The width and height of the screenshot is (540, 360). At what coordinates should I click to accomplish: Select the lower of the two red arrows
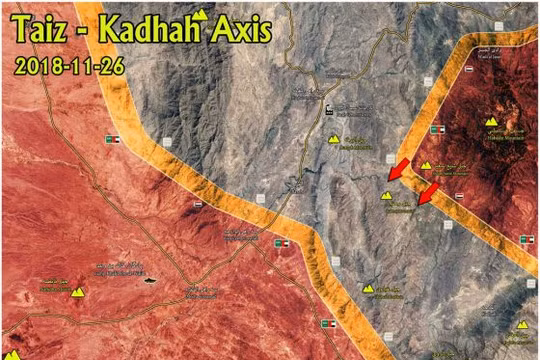428,192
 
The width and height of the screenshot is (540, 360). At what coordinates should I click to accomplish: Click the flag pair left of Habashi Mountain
440,132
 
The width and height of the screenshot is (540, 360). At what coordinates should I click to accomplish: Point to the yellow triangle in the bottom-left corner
12,354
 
